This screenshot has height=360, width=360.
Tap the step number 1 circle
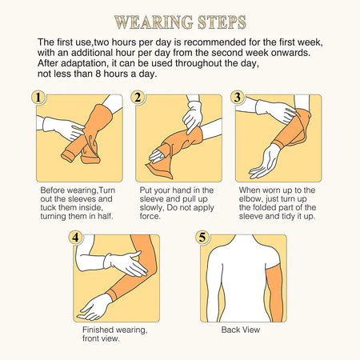[38, 98]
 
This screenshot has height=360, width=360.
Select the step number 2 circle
[138, 98]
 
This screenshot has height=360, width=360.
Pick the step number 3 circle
[237, 98]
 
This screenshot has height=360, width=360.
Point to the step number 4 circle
[74, 238]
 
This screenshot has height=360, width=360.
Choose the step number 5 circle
[202, 238]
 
